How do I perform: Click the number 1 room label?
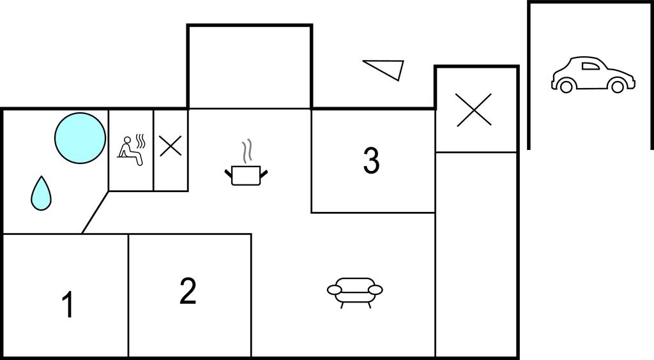68,304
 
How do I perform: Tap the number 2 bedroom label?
188,291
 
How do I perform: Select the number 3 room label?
371,160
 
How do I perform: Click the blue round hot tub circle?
80,138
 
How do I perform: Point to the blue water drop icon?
41,193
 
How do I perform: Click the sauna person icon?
130,151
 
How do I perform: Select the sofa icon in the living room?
355,292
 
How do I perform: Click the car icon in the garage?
593,75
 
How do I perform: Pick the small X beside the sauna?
171,146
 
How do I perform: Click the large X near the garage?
474,110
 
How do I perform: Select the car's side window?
591,66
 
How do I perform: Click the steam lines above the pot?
247,151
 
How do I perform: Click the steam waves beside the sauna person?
141,142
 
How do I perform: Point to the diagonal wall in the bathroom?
95,212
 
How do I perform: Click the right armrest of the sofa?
375,290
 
